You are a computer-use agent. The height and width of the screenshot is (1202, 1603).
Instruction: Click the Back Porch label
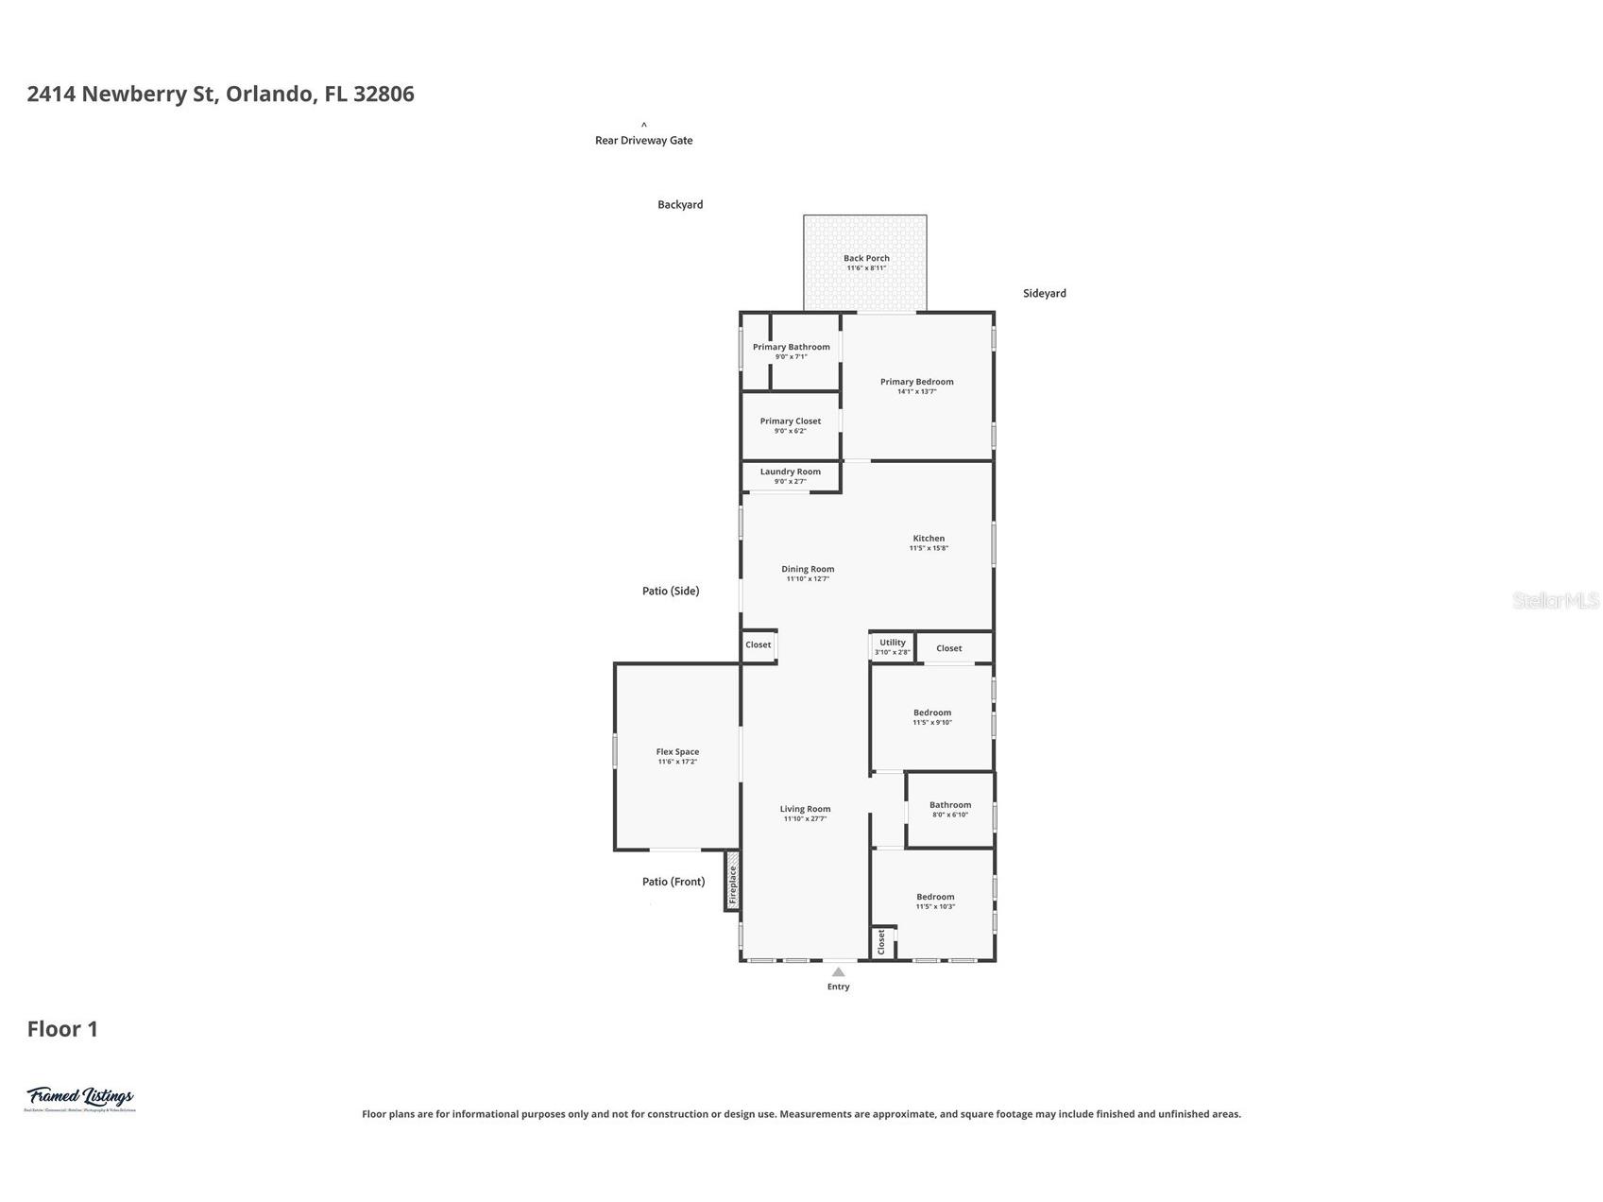coord(866,258)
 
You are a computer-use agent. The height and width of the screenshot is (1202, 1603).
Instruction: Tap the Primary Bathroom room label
coord(791,347)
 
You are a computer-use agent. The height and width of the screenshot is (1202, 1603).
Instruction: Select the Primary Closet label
coord(790,421)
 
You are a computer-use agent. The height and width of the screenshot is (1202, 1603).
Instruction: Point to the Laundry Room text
coord(790,472)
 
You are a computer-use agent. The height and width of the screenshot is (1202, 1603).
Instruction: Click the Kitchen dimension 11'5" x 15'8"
coord(929,548)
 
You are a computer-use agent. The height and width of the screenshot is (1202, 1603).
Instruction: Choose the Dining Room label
coord(808,569)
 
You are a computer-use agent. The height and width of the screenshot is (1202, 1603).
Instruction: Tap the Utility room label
coord(892,643)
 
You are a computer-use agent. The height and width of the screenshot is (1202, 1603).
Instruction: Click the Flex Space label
coord(677,752)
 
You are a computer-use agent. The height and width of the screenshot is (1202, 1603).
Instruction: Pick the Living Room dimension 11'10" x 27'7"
coord(805,819)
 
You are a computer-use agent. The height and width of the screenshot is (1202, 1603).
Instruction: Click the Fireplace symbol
coord(732,881)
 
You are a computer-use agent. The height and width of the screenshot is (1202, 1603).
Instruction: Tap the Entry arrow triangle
coord(838,971)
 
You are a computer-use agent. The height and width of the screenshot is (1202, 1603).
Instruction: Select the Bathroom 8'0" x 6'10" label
coord(949,805)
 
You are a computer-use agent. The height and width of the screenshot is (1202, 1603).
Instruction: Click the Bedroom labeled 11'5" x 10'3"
coord(935,897)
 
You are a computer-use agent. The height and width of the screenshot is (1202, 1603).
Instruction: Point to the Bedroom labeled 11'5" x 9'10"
coord(931,713)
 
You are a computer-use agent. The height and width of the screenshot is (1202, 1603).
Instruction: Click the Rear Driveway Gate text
coord(643,140)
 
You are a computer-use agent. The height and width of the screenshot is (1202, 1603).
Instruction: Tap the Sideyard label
coord(1044,293)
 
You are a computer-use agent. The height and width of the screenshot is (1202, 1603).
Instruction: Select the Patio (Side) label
coord(671,591)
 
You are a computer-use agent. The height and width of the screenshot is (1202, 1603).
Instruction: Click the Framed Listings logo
coord(80,1098)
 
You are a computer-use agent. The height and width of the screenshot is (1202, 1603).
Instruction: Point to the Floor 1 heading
coord(62,1029)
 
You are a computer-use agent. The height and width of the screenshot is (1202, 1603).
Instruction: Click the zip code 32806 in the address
coord(384,94)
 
